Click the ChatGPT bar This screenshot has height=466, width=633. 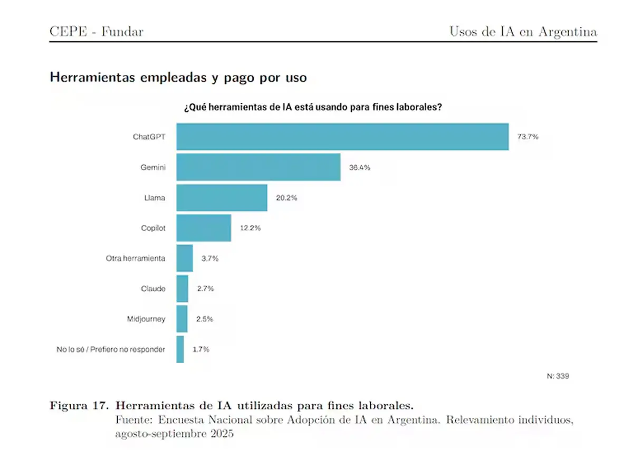[342, 137]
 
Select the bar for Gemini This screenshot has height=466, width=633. [258, 167]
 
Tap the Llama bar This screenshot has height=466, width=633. [222, 198]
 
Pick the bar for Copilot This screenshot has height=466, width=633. [204, 228]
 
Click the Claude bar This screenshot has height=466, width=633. [182, 289]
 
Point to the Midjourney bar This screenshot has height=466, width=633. [181, 319]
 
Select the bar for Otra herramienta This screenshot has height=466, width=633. [185, 259]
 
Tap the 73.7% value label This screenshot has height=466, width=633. [527, 137]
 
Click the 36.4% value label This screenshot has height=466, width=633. [359, 167]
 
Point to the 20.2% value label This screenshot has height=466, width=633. [286, 198]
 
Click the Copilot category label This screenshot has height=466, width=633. [152, 228]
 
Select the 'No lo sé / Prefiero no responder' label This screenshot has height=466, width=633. [111, 349]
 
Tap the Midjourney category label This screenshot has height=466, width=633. [146, 319]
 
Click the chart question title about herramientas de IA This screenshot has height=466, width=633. [312, 107]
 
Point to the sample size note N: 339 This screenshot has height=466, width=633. [558, 376]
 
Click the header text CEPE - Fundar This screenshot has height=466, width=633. [96, 32]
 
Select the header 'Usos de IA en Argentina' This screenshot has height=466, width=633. [523, 32]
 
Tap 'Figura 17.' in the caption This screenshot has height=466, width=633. [80, 406]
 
